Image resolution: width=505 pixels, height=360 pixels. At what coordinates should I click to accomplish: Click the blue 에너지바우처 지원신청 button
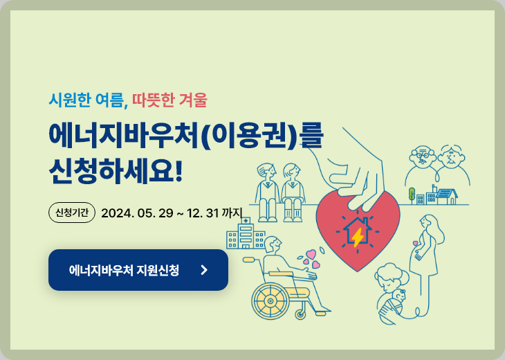pyautogui.click(x=138, y=270)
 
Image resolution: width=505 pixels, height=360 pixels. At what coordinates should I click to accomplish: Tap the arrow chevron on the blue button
pyautogui.click(x=204, y=270)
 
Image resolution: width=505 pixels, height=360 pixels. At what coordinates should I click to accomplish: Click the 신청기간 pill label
pyautogui.click(x=71, y=212)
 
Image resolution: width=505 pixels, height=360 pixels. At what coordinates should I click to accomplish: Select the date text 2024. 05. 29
pyautogui.click(x=137, y=213)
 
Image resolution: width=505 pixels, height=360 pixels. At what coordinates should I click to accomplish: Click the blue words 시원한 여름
pyautogui.click(x=87, y=100)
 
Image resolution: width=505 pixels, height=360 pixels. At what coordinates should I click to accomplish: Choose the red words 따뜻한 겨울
pyautogui.click(x=170, y=100)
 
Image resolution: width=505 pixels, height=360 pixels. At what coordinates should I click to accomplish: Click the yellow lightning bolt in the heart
pyautogui.click(x=358, y=237)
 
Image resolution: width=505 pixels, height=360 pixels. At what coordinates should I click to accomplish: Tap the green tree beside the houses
pyautogui.click(x=412, y=194)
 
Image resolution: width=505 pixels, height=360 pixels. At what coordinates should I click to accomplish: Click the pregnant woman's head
pyautogui.click(x=428, y=223)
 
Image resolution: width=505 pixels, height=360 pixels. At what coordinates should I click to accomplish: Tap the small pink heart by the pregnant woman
pyautogui.click(x=415, y=243)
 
